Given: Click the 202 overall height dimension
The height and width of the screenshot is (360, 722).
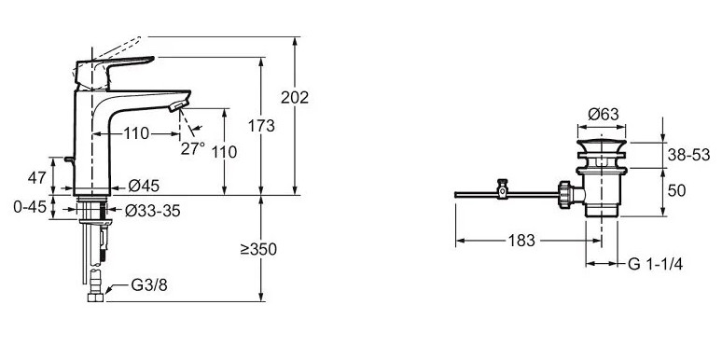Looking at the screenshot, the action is pyautogui.click(x=295, y=98).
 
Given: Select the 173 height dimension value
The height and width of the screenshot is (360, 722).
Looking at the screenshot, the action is pyautogui.click(x=261, y=125).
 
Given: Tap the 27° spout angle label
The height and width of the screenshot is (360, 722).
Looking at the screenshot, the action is pyautogui.click(x=192, y=148).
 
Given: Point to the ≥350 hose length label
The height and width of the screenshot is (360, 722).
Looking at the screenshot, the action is pyautogui.click(x=258, y=249).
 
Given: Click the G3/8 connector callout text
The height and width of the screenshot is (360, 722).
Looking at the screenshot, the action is pyautogui.click(x=149, y=285).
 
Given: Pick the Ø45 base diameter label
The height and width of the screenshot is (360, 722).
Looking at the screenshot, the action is pyautogui.click(x=144, y=186).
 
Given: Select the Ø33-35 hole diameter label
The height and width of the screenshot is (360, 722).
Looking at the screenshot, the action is pyautogui.click(x=152, y=211).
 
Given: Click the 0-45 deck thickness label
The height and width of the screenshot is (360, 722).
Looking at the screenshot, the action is pyautogui.click(x=30, y=207).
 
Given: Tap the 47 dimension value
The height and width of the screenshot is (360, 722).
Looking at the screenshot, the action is pyautogui.click(x=36, y=178).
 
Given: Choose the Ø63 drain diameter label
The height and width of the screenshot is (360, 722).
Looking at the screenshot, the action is pyautogui.click(x=604, y=114).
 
